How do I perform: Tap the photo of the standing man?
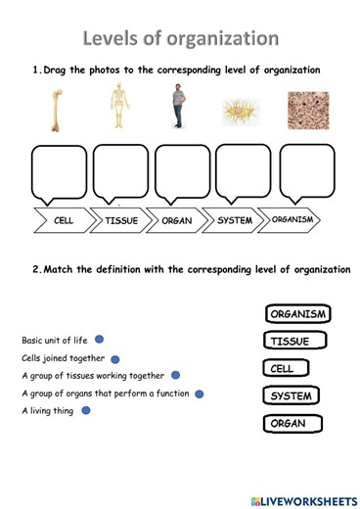click(x=177, y=107)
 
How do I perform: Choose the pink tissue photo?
click(x=308, y=111)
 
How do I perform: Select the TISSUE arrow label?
click(x=121, y=221)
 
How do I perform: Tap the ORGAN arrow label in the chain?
click(x=177, y=221)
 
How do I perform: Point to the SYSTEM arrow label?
click(x=235, y=221)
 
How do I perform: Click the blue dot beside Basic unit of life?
click(x=100, y=341)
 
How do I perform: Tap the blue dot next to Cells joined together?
click(x=114, y=358)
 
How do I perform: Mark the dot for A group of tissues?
click(x=174, y=376)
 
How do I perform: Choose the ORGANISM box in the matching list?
click(x=297, y=315)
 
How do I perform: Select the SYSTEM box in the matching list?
click(x=290, y=397)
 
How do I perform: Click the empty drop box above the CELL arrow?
click(x=64, y=171)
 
